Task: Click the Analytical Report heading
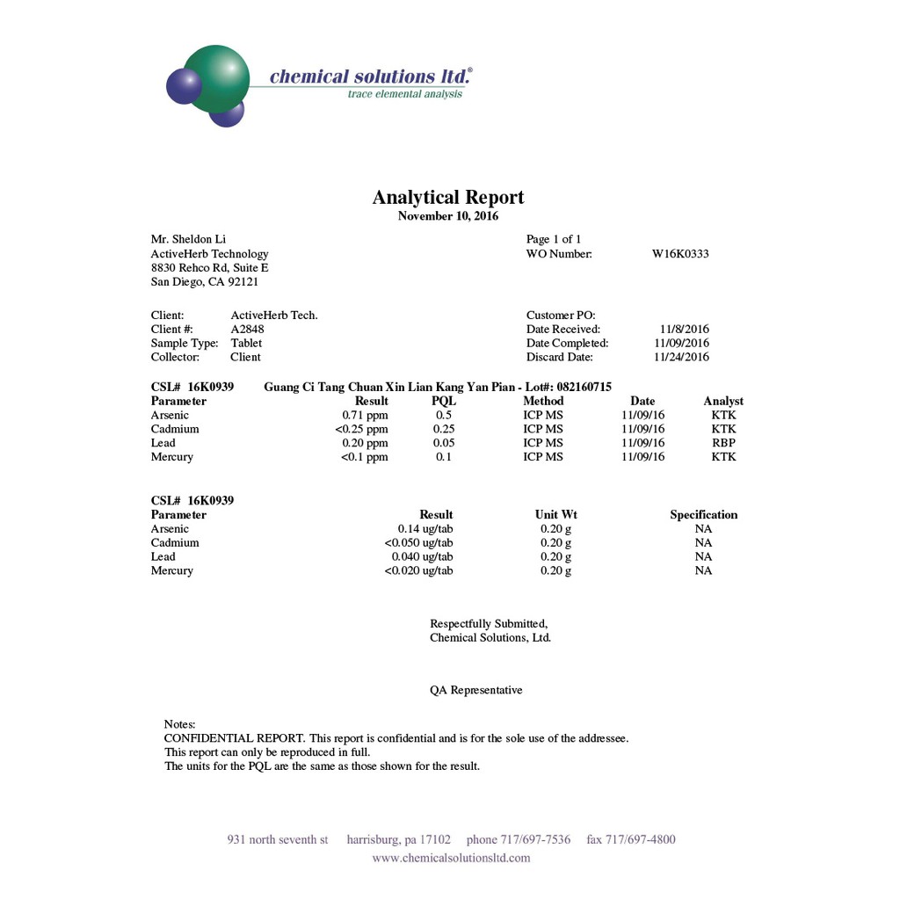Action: [x=448, y=198]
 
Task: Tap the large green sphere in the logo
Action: [x=216, y=79]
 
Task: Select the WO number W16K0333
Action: [x=680, y=254]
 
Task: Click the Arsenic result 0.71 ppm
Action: [x=365, y=415]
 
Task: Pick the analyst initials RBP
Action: [x=723, y=443]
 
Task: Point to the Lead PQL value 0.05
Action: [x=444, y=443]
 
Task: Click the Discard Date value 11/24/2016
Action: [x=682, y=357]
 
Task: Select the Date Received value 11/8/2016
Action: [x=685, y=330]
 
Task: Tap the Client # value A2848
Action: [x=247, y=330]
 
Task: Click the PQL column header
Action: [x=444, y=401]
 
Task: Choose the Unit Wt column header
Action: [x=556, y=515]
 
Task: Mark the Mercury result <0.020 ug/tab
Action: [x=418, y=570]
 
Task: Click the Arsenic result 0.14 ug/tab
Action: [x=425, y=529]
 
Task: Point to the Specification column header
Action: [x=704, y=515]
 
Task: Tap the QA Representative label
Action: [x=476, y=691]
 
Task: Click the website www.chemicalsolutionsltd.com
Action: [x=451, y=858]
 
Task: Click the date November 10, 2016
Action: [x=448, y=216]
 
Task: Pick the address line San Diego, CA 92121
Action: [x=205, y=282]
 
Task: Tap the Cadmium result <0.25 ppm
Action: [x=361, y=429]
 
